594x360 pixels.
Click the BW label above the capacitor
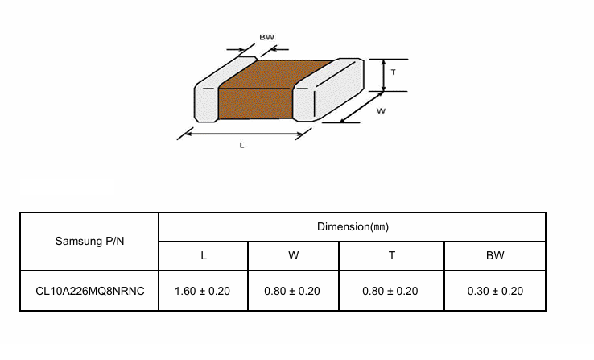266,36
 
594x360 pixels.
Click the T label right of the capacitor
393,72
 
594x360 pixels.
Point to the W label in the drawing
382,111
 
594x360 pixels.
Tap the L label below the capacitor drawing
242,146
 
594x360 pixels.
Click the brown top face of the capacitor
278,73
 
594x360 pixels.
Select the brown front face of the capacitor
255,104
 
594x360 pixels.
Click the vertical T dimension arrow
382,74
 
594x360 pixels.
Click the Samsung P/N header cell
89,241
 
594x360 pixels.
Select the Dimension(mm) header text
353,227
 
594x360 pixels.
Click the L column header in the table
204,256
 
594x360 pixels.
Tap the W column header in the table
293,256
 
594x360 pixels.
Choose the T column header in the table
391,256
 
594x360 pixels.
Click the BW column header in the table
495,256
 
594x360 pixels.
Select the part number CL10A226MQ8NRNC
89,291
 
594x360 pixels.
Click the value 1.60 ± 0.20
203,291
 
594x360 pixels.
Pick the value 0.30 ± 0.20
495,291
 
